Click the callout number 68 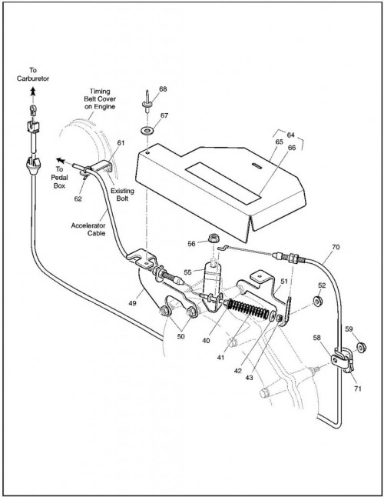[163, 89]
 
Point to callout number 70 [336, 247]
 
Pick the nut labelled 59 [361, 348]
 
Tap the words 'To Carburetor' [33, 74]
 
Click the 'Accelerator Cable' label [88, 229]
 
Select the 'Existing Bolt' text [122, 195]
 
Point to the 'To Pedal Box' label [59, 178]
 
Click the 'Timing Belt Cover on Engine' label [100, 99]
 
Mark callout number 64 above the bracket [291, 135]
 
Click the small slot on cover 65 [257, 165]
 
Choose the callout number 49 [133, 303]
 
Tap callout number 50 [180, 336]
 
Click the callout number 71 [357, 389]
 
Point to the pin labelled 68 [147, 101]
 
